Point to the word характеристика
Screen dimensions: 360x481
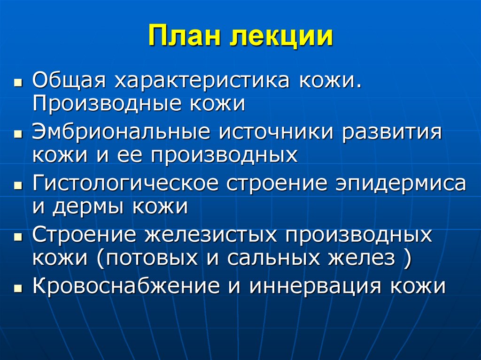pyautogui.click(x=199, y=81)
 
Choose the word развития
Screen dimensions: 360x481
pyautogui.click(x=392, y=132)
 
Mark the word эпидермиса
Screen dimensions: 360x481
pyautogui.click(x=400, y=184)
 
